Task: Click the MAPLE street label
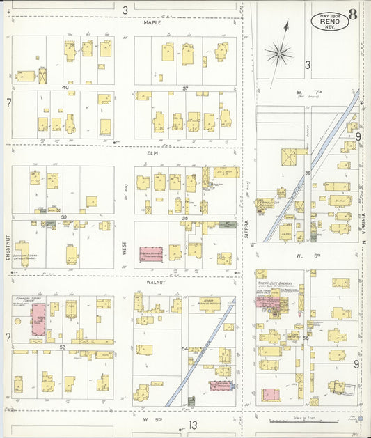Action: pyautogui.click(x=152, y=22)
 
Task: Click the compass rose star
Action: pyautogui.click(x=278, y=52)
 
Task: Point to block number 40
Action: pyautogui.click(x=65, y=88)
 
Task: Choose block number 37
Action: pyautogui.click(x=186, y=88)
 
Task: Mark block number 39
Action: pyautogui.click(x=63, y=217)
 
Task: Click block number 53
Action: pyautogui.click(x=62, y=347)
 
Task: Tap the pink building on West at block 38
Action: pyautogui.click(x=151, y=254)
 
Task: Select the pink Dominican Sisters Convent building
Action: pyautogui.click(x=38, y=319)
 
